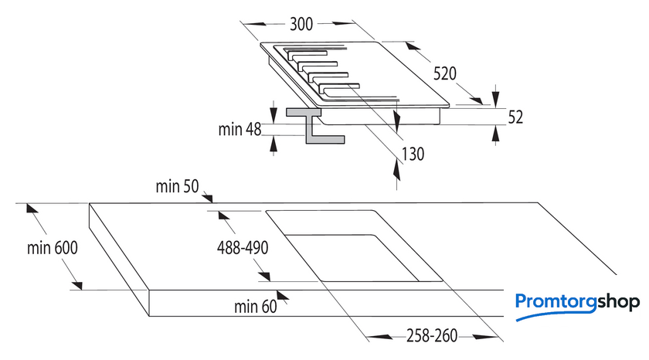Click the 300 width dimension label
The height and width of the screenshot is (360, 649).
[301, 24]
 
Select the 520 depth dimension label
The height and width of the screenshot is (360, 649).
[445, 74]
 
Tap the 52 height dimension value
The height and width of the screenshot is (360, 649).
[515, 117]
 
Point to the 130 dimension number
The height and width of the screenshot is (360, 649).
[413, 154]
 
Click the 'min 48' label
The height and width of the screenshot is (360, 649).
[240, 129]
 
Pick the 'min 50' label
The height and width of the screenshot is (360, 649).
[177, 186]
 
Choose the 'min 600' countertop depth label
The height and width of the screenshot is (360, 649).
[53, 248]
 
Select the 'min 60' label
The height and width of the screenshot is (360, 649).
[255, 307]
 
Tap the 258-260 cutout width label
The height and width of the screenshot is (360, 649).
[432, 336]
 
